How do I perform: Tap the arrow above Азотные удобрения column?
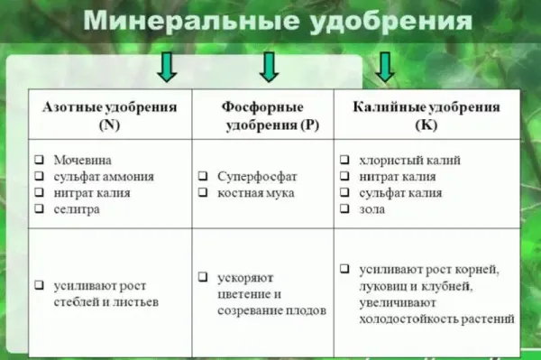[168, 66]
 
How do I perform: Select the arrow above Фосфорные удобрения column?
[269, 66]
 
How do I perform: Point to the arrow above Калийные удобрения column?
[386, 66]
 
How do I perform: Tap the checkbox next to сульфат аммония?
[40, 176]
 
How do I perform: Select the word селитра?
[75, 208]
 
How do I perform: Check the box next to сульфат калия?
[344, 193]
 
